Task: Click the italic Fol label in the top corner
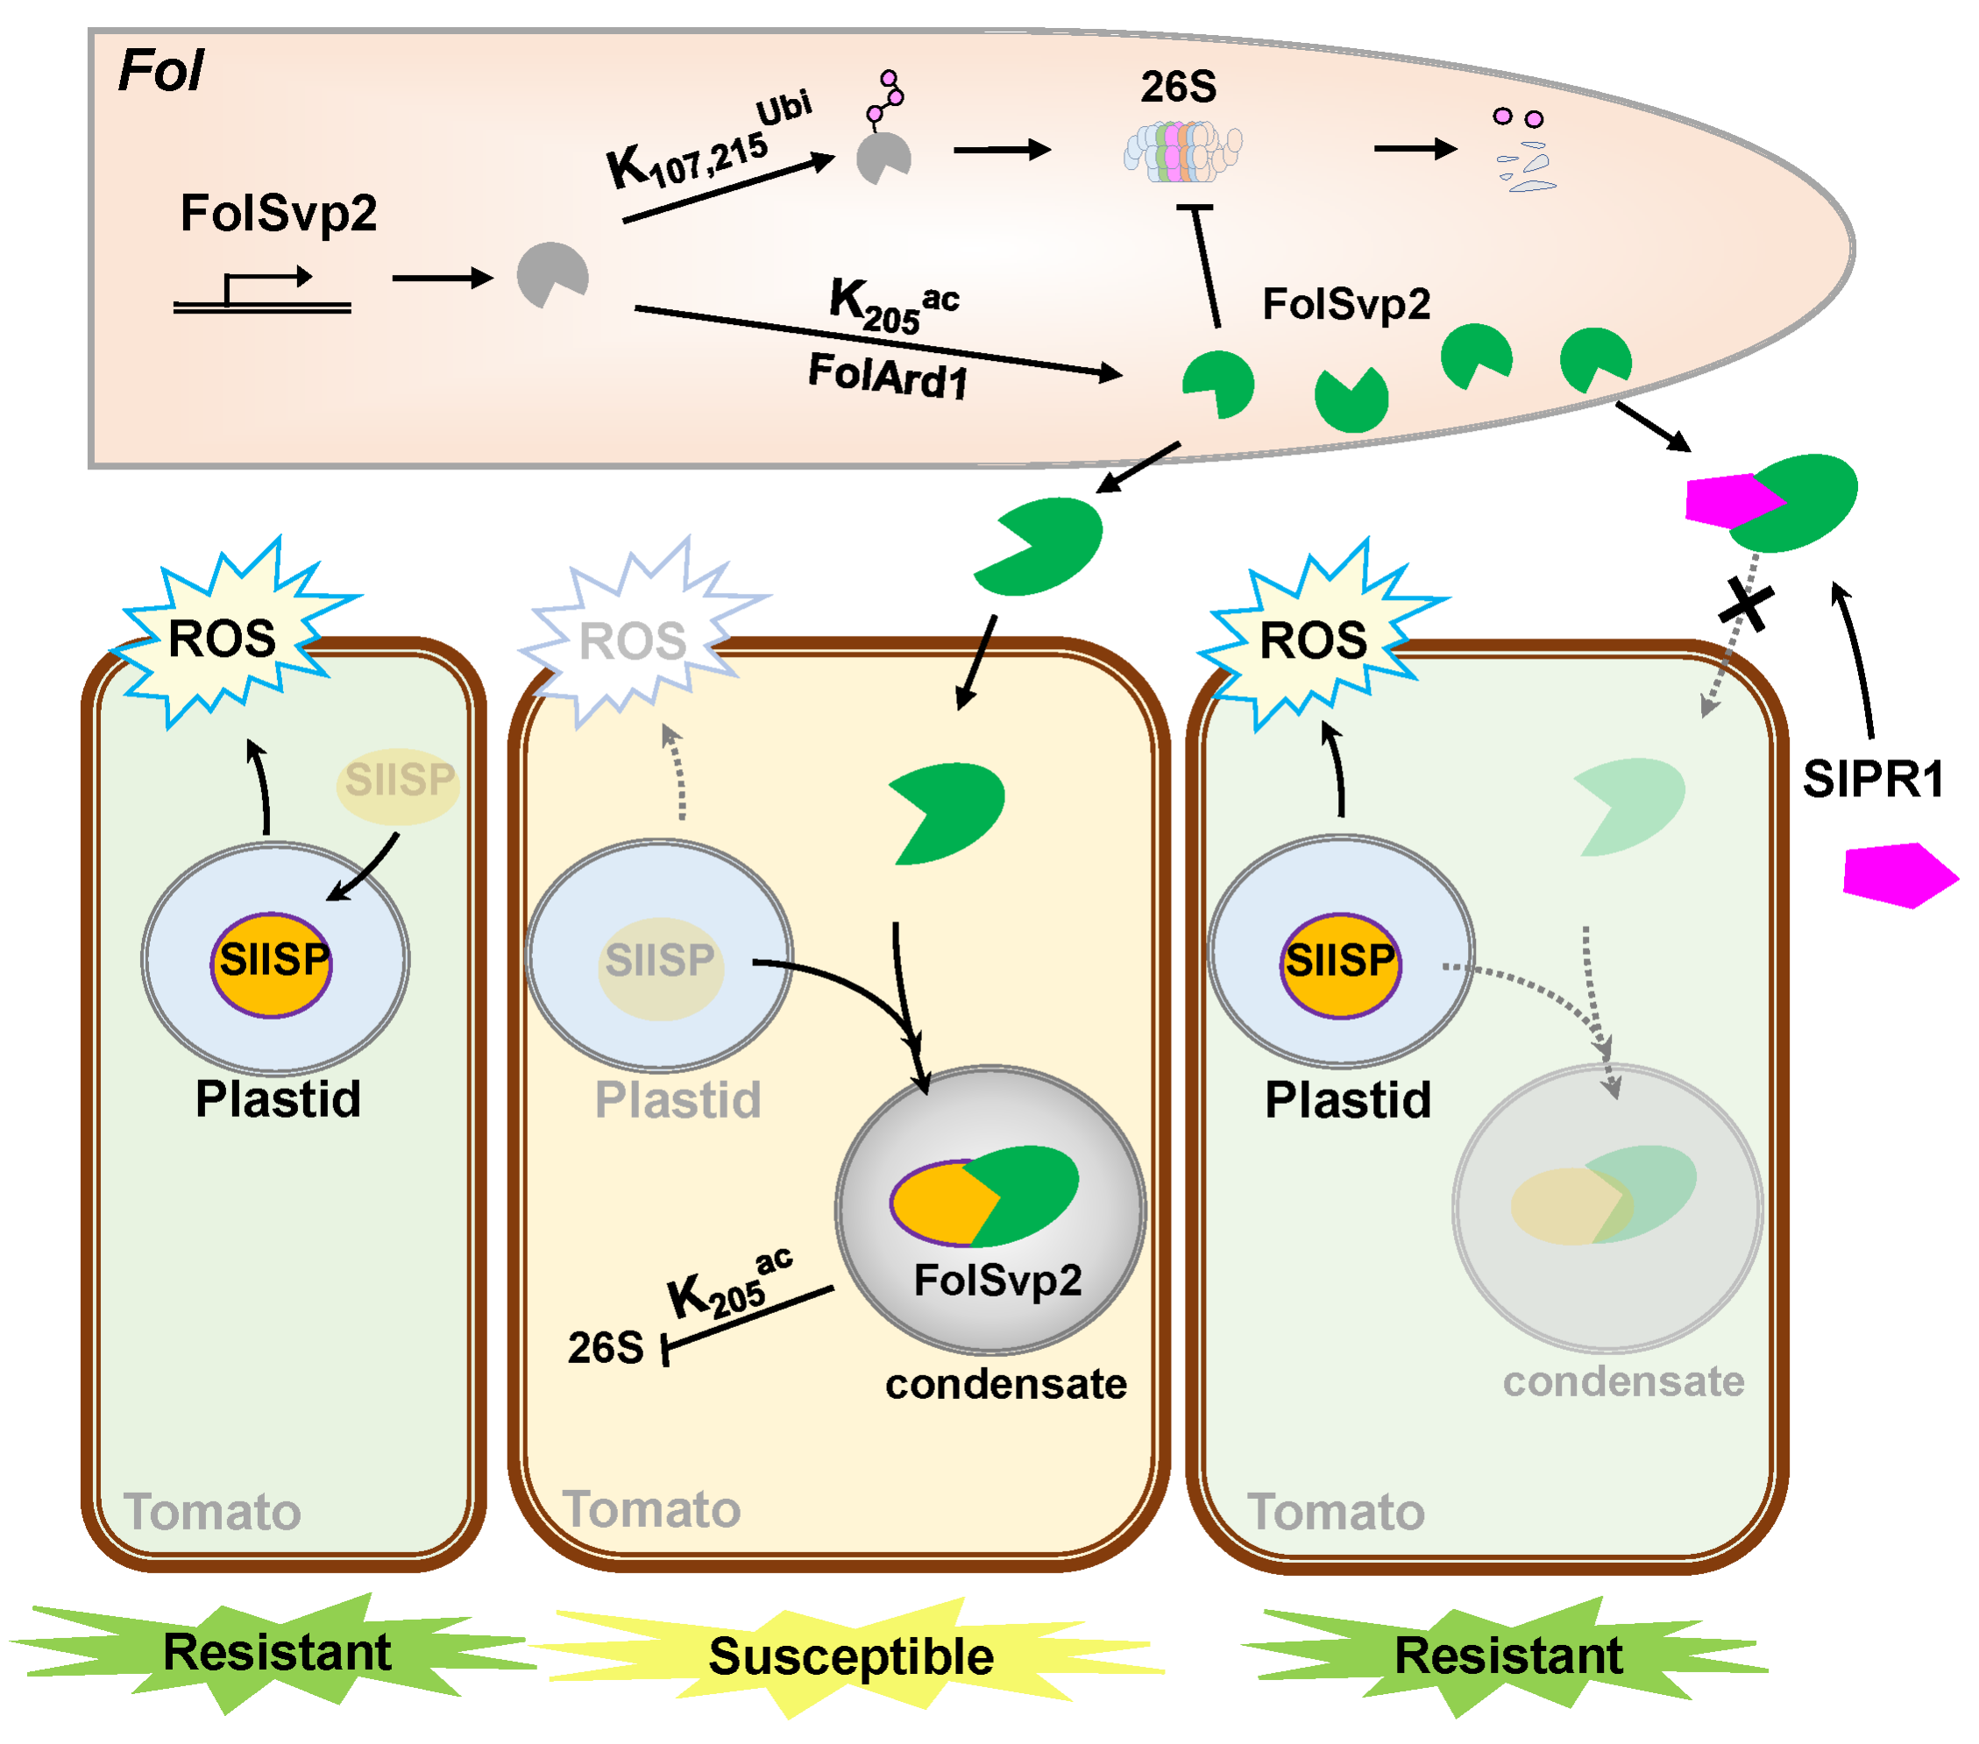pyautogui.click(x=160, y=71)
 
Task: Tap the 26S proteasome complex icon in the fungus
pyautogui.click(x=1182, y=151)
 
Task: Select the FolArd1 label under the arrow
pyautogui.click(x=888, y=376)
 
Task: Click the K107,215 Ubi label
pyautogui.click(x=706, y=145)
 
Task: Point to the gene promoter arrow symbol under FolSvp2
pyautogui.click(x=261, y=290)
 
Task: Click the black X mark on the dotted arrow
pyautogui.click(x=1747, y=607)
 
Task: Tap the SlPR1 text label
pyautogui.click(x=1874, y=779)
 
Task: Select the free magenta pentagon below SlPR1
pyautogui.click(x=1897, y=875)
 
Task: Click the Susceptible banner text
pyautogui.click(x=851, y=1657)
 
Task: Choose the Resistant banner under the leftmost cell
pyautogui.click(x=277, y=1652)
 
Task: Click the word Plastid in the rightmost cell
pyautogui.click(x=1348, y=1100)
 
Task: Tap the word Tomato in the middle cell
pyautogui.click(x=651, y=1510)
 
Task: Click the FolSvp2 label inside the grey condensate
pyautogui.click(x=998, y=1281)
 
